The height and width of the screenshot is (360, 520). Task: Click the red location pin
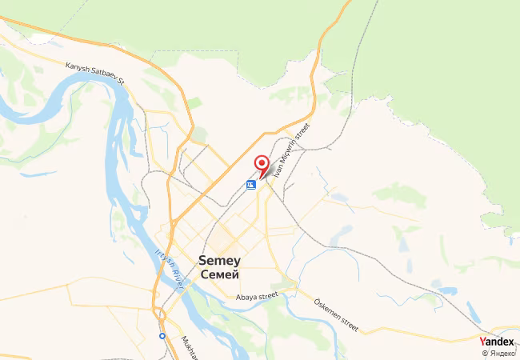(x=261, y=164)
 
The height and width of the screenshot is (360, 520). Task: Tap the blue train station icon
(x=251, y=185)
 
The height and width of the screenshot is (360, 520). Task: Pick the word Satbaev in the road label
(x=105, y=74)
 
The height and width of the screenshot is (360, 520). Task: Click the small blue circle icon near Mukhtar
(x=162, y=336)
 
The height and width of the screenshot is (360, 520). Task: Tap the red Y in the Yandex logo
(x=482, y=342)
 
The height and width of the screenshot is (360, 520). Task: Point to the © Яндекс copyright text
(x=499, y=353)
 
